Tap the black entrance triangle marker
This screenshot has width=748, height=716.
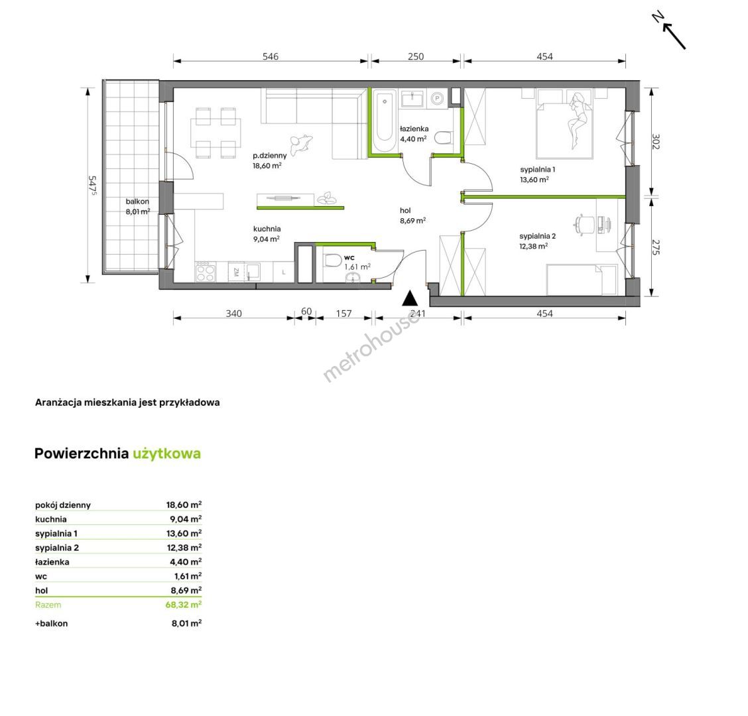[410, 298]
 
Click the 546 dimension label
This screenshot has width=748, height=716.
[271, 56]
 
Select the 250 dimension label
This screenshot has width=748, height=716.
[416, 56]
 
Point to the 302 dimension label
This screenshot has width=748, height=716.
[656, 142]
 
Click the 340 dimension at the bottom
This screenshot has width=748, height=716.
[233, 314]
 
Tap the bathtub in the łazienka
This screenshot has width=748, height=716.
[384, 121]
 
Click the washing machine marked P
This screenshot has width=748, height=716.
[436, 99]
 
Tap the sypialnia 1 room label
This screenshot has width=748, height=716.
[538, 169]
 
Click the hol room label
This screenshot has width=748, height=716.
[405, 210]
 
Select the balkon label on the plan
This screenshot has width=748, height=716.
[137, 202]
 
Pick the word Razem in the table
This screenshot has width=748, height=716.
[48, 605]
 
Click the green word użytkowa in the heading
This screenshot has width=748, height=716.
[167, 453]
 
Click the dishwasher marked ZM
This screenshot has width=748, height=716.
[236, 272]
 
